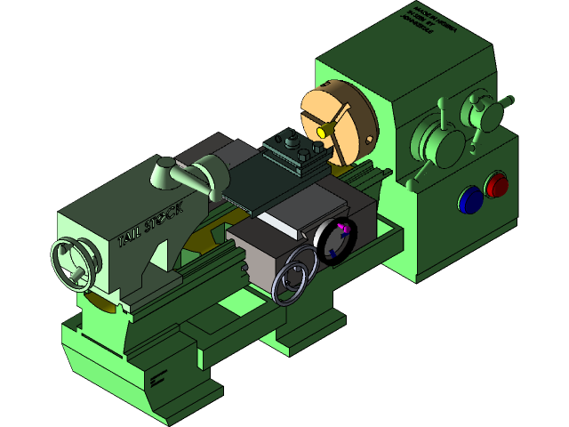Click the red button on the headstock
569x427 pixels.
tap(496, 185)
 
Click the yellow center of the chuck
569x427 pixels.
tap(320, 132)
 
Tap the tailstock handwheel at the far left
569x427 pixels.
tap(73, 264)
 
